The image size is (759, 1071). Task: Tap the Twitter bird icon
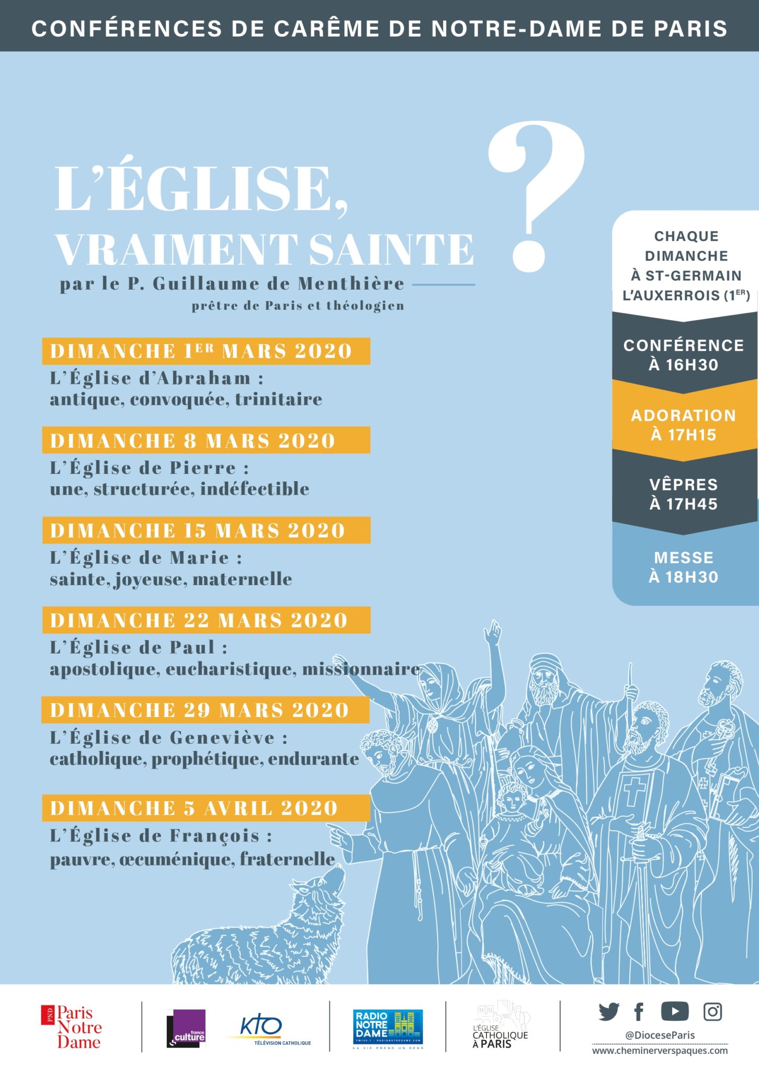pyautogui.click(x=609, y=1012)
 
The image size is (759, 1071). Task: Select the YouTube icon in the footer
pyautogui.click(x=674, y=1011)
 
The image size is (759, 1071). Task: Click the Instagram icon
pyautogui.click(x=712, y=1012)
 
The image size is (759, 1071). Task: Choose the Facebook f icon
pyautogui.click(x=639, y=1012)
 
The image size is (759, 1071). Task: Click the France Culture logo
pyautogui.click(x=186, y=1028)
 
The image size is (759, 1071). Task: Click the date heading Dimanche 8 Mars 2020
pyautogui.click(x=193, y=440)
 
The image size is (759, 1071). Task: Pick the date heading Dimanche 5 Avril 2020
pyautogui.click(x=194, y=808)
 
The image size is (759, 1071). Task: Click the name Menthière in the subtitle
pyautogui.click(x=351, y=283)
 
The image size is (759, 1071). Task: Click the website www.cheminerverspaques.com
pyautogui.click(x=660, y=1051)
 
